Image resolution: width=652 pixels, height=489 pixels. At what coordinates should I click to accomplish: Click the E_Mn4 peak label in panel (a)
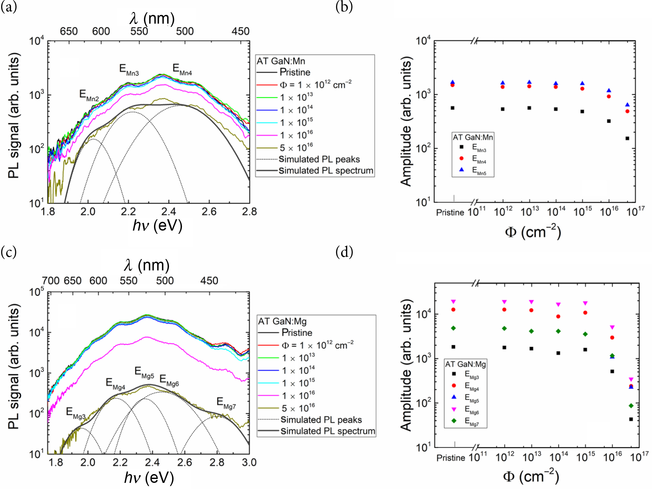(x=182, y=70)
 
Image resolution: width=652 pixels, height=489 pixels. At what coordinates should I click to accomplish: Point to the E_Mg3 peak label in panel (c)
(x=76, y=414)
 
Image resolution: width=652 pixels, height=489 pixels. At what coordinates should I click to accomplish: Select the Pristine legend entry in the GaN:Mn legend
(x=295, y=72)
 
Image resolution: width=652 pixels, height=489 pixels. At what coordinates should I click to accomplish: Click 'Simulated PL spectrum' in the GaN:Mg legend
(x=327, y=431)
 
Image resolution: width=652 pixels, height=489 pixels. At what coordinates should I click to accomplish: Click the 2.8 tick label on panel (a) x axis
(x=249, y=212)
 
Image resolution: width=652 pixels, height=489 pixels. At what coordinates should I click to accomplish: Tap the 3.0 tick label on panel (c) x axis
(x=249, y=462)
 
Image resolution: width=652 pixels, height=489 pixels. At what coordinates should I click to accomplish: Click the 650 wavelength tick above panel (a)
(x=69, y=31)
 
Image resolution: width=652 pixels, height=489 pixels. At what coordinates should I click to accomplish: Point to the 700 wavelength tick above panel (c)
(x=51, y=280)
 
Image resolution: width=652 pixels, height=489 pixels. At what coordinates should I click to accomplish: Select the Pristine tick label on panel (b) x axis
(x=450, y=212)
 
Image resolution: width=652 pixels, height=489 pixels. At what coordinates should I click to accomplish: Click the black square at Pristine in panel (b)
(x=453, y=108)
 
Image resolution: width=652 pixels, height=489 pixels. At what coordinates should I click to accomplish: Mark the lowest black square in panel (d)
(x=631, y=419)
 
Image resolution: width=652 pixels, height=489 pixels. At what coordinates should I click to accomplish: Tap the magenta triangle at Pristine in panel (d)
(x=453, y=301)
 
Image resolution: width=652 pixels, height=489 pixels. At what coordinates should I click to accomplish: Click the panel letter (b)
(x=344, y=6)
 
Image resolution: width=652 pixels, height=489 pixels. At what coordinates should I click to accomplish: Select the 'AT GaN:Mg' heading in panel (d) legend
(x=465, y=364)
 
